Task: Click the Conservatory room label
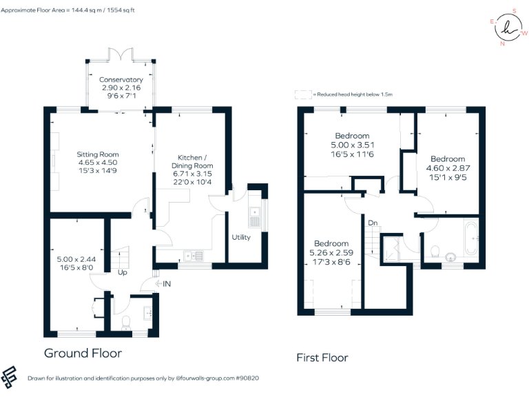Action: tap(121, 80)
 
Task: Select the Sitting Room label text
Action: tap(98, 154)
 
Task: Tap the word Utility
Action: tap(241, 238)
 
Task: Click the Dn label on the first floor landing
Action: tap(373, 223)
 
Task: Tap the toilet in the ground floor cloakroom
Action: tap(125, 322)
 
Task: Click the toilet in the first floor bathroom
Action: tap(435, 250)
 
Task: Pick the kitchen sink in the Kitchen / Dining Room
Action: tap(194, 256)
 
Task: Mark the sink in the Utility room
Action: tap(254, 215)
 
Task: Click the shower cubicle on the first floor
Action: tap(395, 249)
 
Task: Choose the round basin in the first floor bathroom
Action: tap(451, 257)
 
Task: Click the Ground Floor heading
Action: tap(83, 354)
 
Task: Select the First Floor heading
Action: tap(322, 358)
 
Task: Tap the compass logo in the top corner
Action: tap(508, 28)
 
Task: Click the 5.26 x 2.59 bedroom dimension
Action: tap(331, 252)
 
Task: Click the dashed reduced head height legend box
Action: tap(302, 94)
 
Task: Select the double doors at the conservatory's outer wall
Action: tap(121, 54)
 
